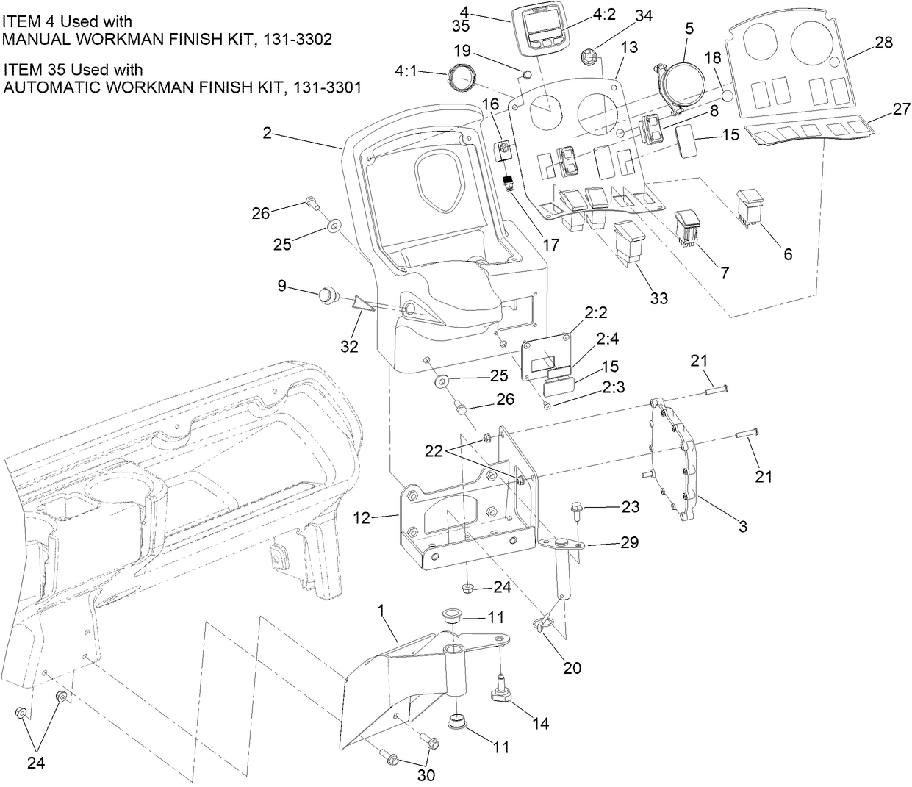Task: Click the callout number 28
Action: tap(884, 43)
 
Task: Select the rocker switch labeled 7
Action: tap(689, 226)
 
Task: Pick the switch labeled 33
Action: tap(630, 240)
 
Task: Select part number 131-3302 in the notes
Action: tap(294, 40)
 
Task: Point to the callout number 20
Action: tap(572, 667)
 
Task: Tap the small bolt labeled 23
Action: tap(578, 507)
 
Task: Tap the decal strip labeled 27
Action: tap(816, 131)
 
